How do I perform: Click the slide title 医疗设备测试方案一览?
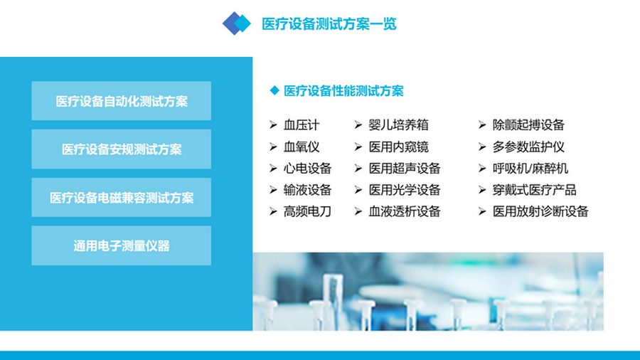[x=329, y=23]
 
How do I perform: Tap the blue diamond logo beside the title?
[x=237, y=23]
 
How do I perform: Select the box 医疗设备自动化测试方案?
[x=122, y=101]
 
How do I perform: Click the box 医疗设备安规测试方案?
[x=122, y=149]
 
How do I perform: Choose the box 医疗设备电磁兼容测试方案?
[x=122, y=198]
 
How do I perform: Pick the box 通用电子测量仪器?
[x=122, y=246]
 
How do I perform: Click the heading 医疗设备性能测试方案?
[x=343, y=91]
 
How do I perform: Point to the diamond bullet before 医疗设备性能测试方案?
[x=274, y=91]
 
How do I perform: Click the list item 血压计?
[x=302, y=125]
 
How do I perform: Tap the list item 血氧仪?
[x=302, y=147]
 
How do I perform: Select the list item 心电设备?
[x=307, y=169]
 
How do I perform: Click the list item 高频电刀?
[x=307, y=211]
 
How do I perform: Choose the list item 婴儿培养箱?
[x=398, y=125]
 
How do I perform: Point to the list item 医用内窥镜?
[x=398, y=147]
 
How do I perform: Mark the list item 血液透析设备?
[x=404, y=211]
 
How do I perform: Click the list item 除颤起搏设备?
[x=528, y=125]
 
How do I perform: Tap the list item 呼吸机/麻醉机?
[x=530, y=169]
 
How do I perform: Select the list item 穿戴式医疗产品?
[x=534, y=190]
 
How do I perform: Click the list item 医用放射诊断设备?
[x=540, y=211]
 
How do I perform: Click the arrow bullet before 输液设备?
[x=273, y=190]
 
